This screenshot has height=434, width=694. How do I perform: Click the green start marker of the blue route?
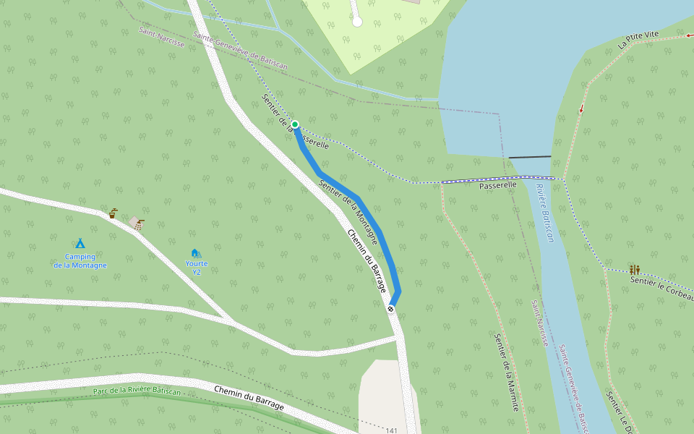point(295,124)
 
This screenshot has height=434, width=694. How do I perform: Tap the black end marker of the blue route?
point(390,309)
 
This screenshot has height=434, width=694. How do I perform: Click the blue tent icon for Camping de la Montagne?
point(80,244)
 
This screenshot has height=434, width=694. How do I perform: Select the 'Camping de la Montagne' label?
point(80,260)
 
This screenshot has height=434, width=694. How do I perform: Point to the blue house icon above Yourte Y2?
point(195,253)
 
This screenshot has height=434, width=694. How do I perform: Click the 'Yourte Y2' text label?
point(196,268)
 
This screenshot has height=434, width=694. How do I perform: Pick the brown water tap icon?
point(113,213)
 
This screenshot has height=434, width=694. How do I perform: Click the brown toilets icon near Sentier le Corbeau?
point(635,270)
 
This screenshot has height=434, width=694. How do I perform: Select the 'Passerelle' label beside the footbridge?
point(498,186)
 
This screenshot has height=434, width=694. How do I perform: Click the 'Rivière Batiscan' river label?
point(545,213)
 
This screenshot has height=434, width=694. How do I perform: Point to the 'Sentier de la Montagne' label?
point(348,211)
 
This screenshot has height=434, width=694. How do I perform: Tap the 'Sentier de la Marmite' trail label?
point(506,372)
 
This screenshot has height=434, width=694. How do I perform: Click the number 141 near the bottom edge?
point(392,430)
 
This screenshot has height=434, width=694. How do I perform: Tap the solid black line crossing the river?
point(529,157)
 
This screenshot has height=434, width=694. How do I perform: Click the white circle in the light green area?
point(356,22)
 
